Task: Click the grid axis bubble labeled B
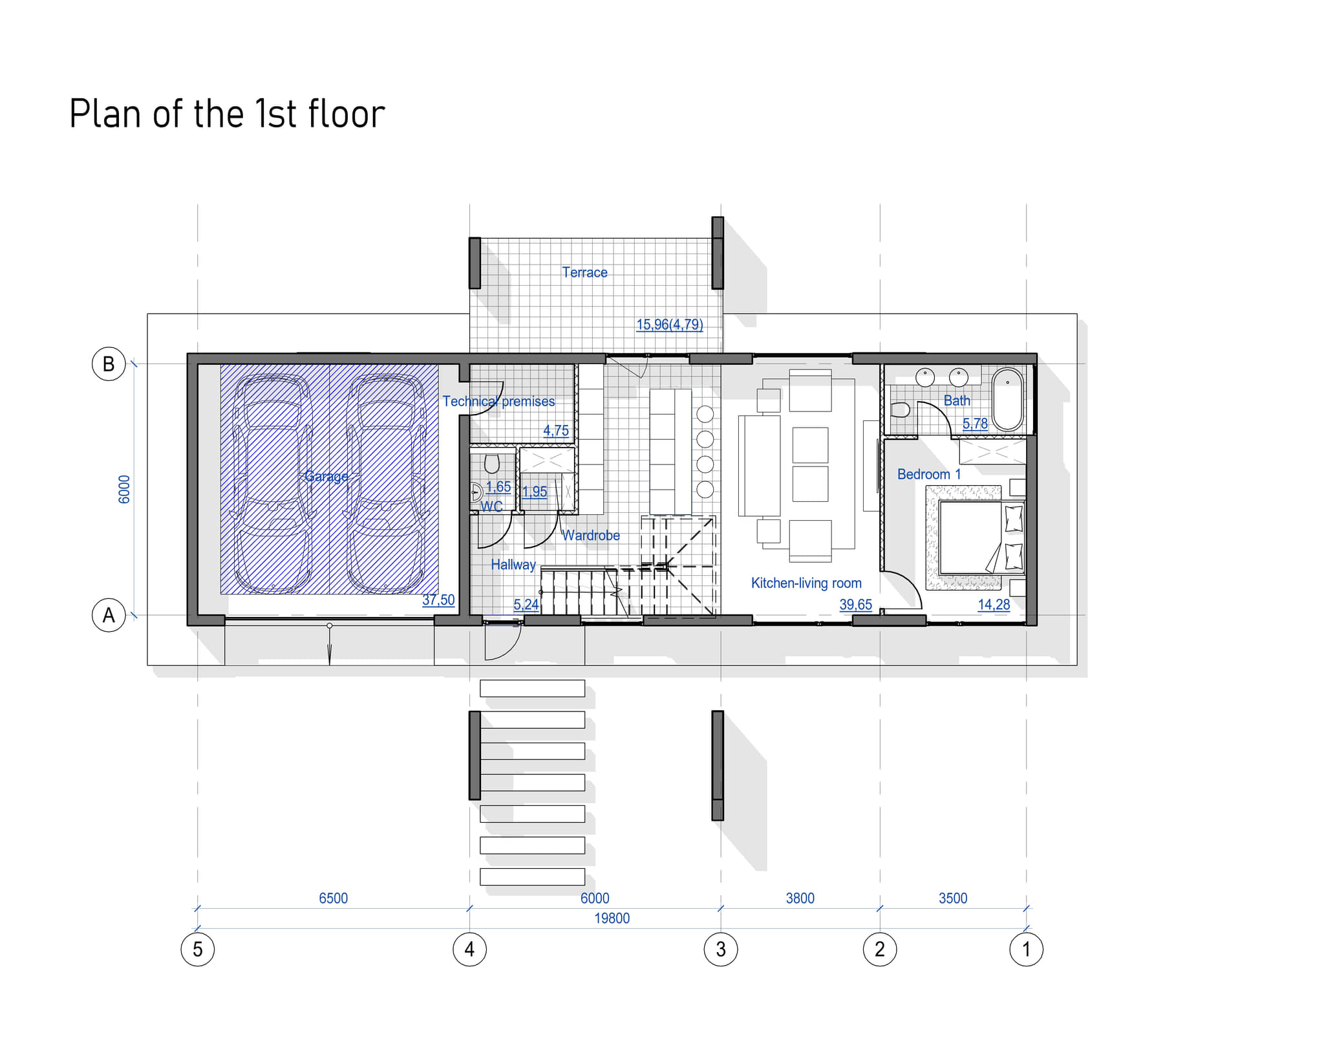(109, 364)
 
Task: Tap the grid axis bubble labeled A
(109, 615)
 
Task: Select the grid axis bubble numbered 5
(197, 949)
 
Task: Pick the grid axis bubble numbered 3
(720, 949)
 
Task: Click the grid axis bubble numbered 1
(1026, 949)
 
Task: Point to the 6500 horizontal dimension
(333, 898)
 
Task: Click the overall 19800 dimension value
(612, 918)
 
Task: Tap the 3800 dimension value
(800, 898)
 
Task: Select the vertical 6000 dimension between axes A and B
(124, 489)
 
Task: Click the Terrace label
(584, 272)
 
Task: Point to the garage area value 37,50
(438, 600)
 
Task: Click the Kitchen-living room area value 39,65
(855, 604)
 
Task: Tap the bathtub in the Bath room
(1007, 399)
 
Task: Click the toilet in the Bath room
(901, 409)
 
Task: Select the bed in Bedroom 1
(981, 537)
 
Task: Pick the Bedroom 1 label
(929, 474)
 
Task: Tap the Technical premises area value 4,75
(556, 430)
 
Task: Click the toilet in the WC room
(492, 464)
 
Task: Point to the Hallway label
(513, 565)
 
